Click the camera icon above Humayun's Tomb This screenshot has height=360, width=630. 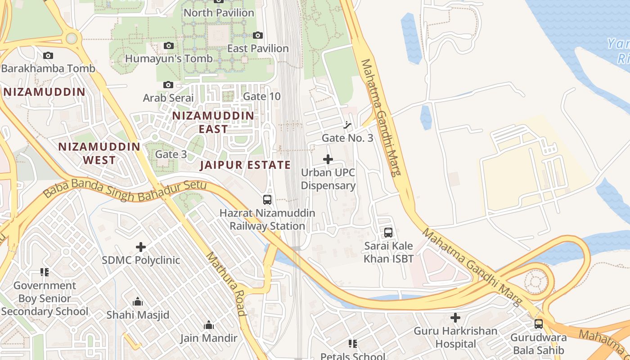pos(169,45)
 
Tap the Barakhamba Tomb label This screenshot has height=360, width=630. pos(48,68)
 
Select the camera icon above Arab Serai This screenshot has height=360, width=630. pos(168,85)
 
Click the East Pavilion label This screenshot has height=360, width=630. pos(258,48)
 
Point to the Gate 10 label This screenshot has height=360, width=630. pos(261,96)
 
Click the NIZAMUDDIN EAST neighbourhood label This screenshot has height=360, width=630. pos(213,122)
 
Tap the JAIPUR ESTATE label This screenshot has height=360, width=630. pos(245,165)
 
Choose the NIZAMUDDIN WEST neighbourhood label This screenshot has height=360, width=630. pos(99,153)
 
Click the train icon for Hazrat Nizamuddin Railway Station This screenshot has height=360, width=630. pos(267,199)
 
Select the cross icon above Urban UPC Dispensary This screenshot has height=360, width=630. pos(328,159)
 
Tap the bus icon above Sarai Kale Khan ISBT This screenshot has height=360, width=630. pos(388,233)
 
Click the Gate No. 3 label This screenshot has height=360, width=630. pos(347,138)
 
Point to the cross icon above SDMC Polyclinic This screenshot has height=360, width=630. pos(141,247)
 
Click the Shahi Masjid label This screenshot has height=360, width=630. pos(138,315)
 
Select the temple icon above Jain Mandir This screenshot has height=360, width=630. pos(209,325)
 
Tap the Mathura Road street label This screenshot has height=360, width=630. pos(226,283)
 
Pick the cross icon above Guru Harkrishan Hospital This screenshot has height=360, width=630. pos(455,318)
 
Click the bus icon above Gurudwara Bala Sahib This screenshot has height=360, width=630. pos(539,324)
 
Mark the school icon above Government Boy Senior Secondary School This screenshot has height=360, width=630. pos(45,272)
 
